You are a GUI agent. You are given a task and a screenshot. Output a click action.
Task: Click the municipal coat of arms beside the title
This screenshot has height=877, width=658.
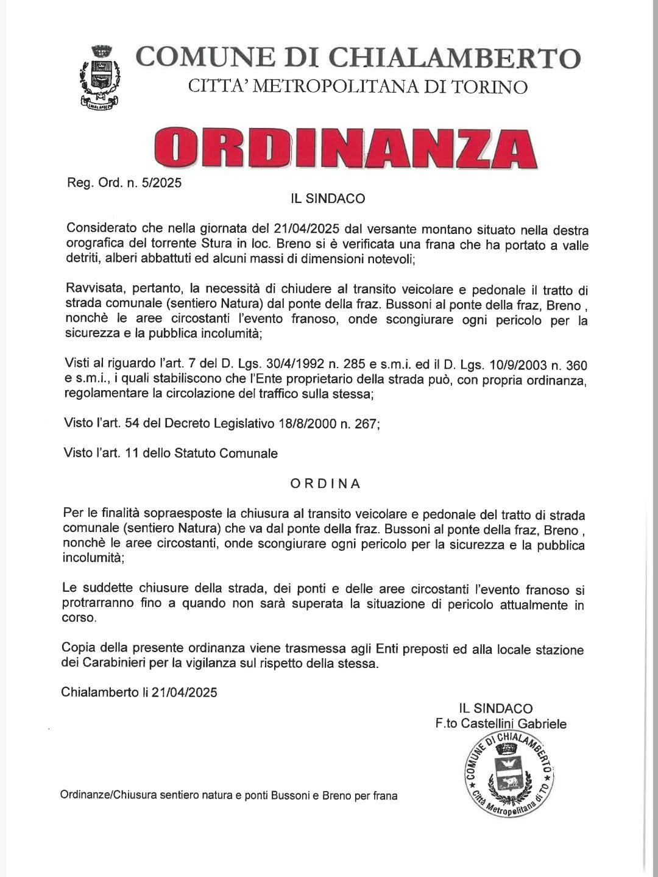[x=99, y=79]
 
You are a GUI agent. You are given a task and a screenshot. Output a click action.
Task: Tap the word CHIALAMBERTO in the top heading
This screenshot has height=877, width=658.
[x=455, y=57]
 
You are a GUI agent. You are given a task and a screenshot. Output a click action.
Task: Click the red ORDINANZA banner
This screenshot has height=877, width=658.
[x=345, y=147]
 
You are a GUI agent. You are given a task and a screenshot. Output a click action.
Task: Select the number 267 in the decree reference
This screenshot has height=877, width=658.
[x=365, y=424]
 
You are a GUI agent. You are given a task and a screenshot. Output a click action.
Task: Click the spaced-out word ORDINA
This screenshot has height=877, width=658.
[x=325, y=484]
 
